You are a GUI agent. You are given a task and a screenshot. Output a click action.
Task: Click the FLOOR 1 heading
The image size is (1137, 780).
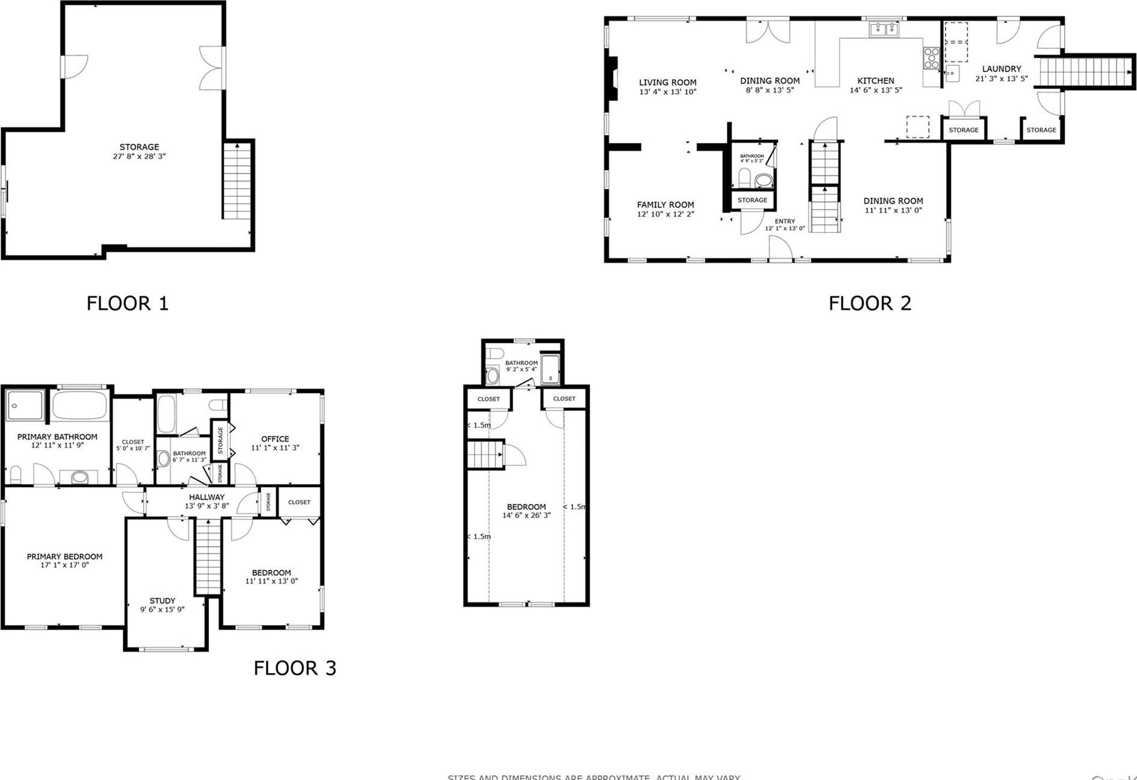tap(127, 303)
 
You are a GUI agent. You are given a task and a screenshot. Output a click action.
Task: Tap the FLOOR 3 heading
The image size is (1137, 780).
tap(294, 668)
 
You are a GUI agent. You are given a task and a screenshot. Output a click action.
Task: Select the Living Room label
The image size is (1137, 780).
tap(667, 83)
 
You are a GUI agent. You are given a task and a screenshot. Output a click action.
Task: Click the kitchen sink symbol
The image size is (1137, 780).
tap(884, 29)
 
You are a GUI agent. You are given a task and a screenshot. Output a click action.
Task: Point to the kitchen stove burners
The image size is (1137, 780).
tap(931, 58)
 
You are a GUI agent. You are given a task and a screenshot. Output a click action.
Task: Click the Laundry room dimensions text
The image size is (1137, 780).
tap(1001, 79)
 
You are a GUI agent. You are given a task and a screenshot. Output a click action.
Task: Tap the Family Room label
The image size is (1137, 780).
tap(665, 205)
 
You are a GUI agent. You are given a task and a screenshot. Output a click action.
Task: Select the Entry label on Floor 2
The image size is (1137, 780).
tap(784, 221)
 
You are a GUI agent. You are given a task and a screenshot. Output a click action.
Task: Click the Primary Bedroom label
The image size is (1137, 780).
tap(64, 557)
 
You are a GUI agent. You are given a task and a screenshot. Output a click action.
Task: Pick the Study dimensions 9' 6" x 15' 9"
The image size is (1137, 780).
tap(162, 609)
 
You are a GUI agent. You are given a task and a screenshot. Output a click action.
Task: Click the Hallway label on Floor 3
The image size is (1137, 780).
tap(207, 497)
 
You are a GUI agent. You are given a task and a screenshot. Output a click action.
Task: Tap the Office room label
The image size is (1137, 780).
tap(275, 439)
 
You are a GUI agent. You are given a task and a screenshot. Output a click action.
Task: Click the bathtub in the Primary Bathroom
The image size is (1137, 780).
tap(79, 405)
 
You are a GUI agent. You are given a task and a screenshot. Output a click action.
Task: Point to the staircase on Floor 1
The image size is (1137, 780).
tap(237, 180)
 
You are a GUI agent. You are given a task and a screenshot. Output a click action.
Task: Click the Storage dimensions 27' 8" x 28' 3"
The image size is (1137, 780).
tap(139, 156)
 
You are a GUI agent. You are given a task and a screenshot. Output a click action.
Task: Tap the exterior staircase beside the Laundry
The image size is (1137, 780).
tap(1085, 72)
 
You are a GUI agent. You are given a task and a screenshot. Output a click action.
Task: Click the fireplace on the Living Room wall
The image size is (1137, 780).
tap(611, 77)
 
